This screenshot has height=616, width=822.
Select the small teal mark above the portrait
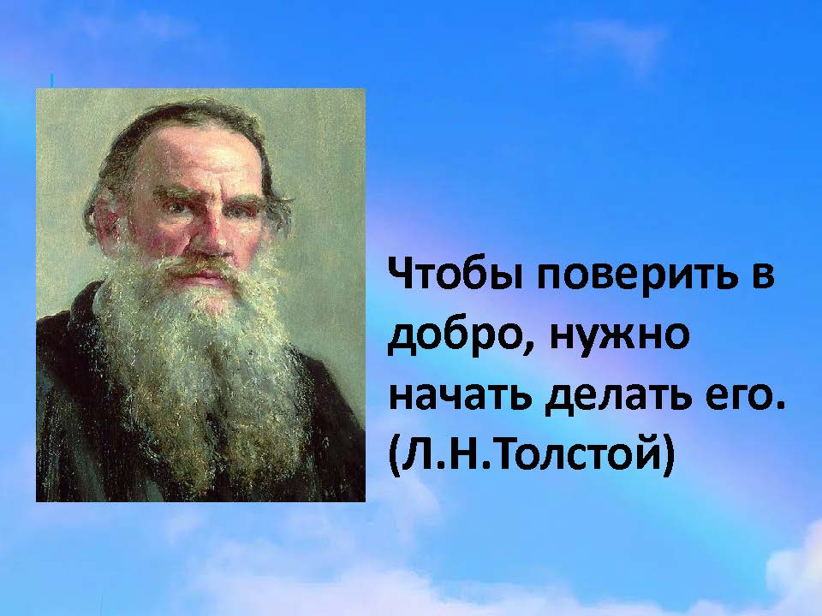coord(51,80)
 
